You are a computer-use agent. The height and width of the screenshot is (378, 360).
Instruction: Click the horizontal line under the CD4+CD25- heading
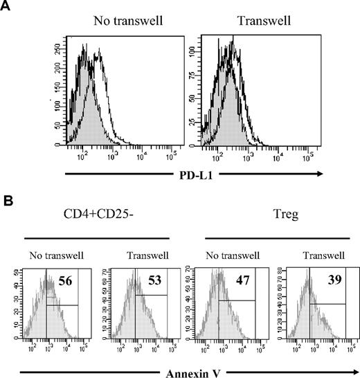pyautogui.click(x=95, y=237)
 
